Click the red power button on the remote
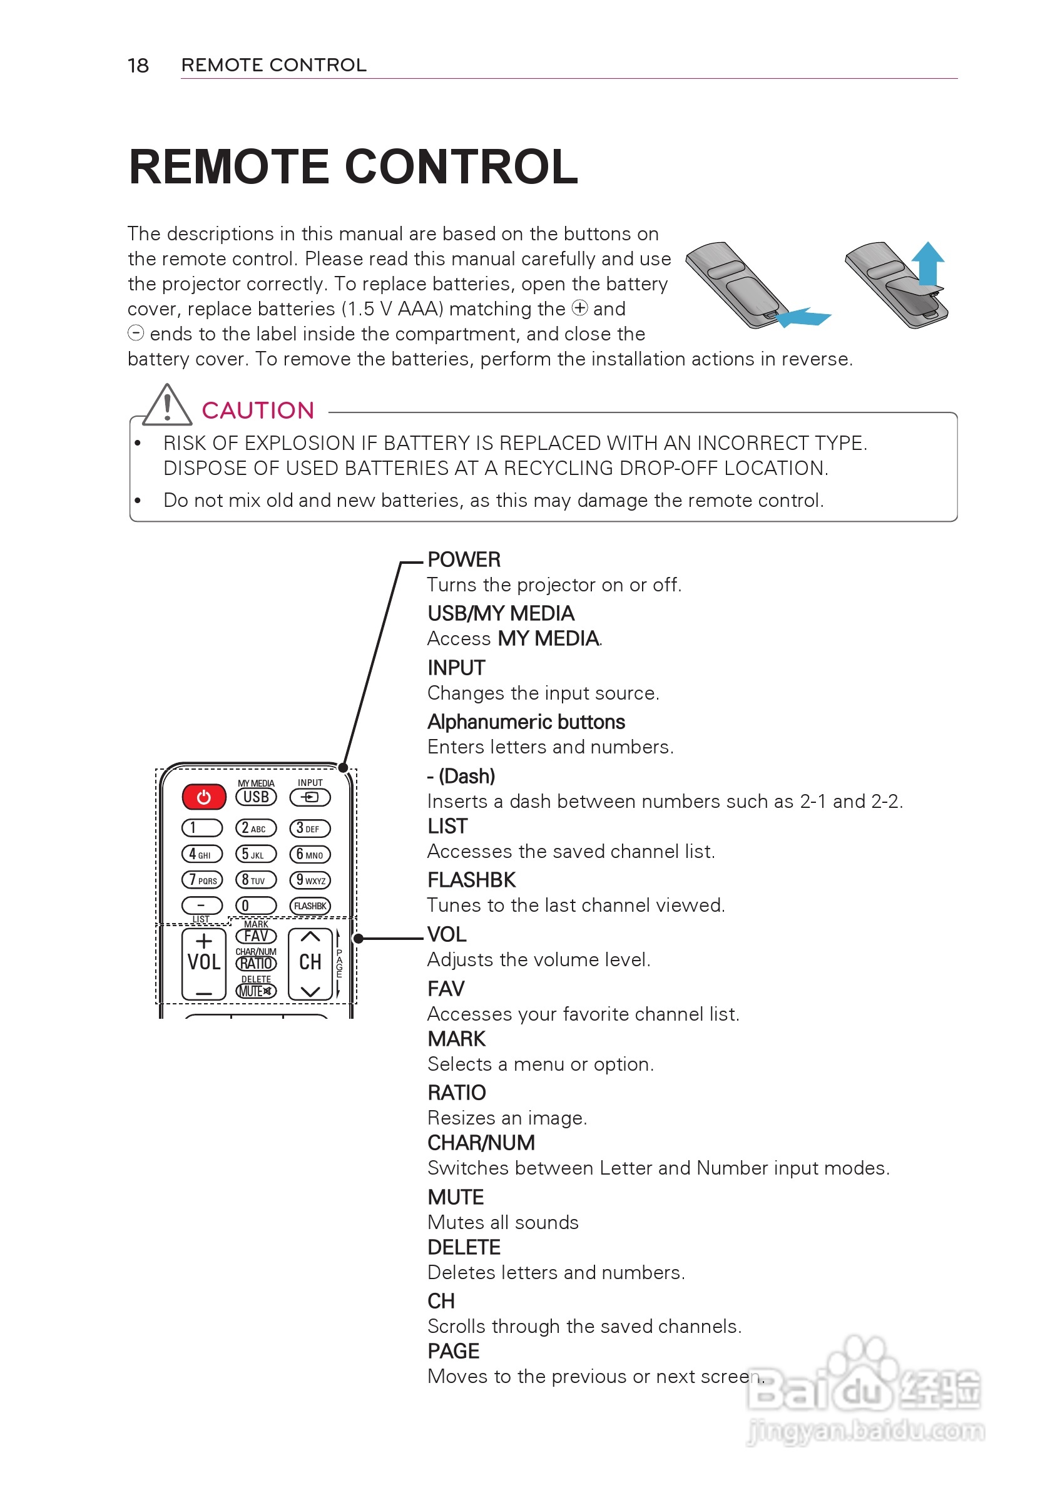click(204, 797)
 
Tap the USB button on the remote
click(256, 797)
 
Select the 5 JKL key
click(256, 855)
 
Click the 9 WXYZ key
click(310, 880)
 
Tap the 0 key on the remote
click(256, 906)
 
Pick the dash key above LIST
click(202, 905)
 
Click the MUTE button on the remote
click(256, 991)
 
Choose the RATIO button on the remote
click(256, 964)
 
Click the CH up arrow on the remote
click(310, 937)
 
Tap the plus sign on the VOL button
click(204, 941)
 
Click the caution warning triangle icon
click(167, 406)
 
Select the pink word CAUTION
click(258, 410)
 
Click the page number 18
click(138, 66)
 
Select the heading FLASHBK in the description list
click(471, 880)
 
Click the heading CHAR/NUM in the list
click(481, 1143)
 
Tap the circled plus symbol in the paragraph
click(579, 308)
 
